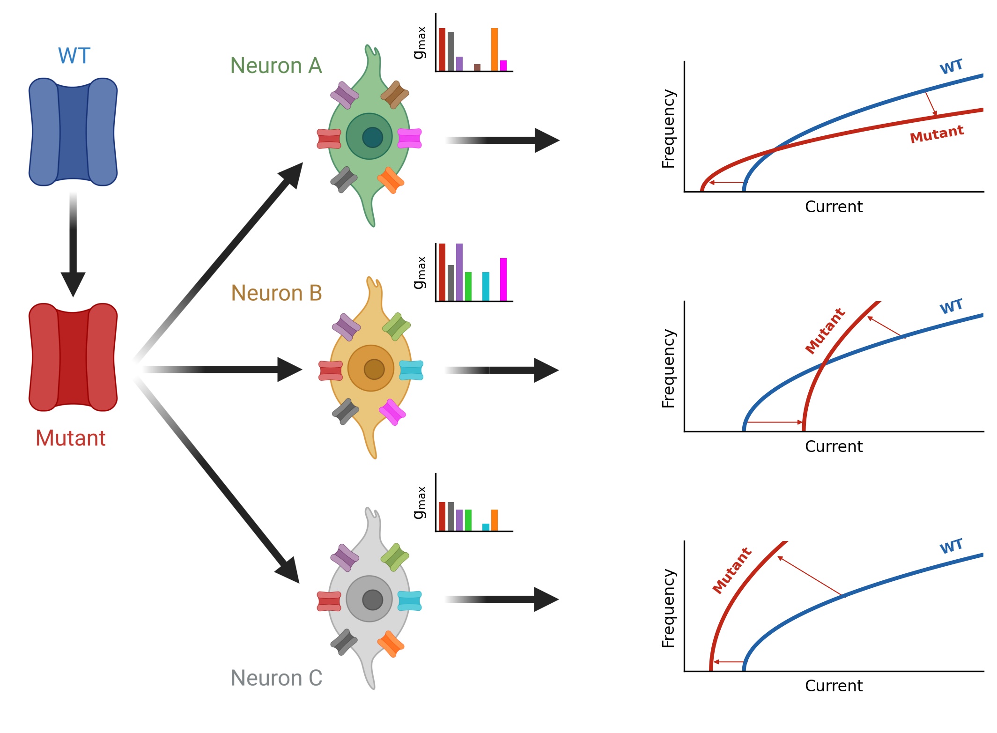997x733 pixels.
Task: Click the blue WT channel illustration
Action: pyautogui.click(x=73, y=132)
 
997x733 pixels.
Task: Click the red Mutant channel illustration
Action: pyautogui.click(x=73, y=357)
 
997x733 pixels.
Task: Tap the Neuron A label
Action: pyautogui.click(x=276, y=66)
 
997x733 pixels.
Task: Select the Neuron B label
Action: pyautogui.click(x=276, y=293)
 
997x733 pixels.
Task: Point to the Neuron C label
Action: pyautogui.click(x=276, y=678)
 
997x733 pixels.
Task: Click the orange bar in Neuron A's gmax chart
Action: pyautogui.click(x=494, y=49)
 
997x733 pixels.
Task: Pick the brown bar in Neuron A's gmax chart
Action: pyautogui.click(x=477, y=67)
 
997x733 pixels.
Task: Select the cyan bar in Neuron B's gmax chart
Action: pyautogui.click(x=486, y=286)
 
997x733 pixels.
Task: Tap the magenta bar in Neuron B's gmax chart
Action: pyautogui.click(x=503, y=279)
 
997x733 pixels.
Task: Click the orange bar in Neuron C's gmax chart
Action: pyautogui.click(x=494, y=520)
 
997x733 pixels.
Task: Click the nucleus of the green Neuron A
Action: pyautogui.click(x=372, y=137)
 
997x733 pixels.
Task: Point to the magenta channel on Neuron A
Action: pyautogui.click(x=409, y=138)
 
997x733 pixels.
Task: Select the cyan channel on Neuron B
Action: pyautogui.click(x=411, y=370)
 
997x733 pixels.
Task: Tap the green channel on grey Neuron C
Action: pyautogui.click(x=395, y=557)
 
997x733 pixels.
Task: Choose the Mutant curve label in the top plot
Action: pyautogui.click(x=937, y=134)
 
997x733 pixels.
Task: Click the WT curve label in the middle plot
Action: pyautogui.click(x=951, y=307)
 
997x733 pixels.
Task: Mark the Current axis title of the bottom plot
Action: pyautogui.click(x=834, y=686)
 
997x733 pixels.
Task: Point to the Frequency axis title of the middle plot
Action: pyautogui.click(x=668, y=368)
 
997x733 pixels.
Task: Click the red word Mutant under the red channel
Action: pyautogui.click(x=71, y=438)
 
